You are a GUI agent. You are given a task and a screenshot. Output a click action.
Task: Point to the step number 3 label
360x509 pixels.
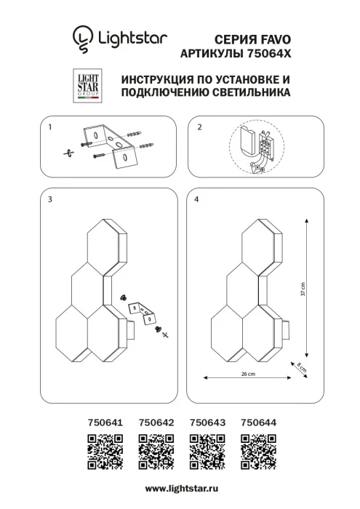pyautogui.click(x=49, y=199)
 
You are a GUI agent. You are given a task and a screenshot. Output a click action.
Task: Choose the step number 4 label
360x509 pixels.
pyautogui.click(x=199, y=199)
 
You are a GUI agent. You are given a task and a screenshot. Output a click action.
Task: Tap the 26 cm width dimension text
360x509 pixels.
pyautogui.click(x=247, y=374)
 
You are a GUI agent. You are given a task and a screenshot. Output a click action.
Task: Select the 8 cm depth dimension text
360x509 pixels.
pyautogui.click(x=302, y=367)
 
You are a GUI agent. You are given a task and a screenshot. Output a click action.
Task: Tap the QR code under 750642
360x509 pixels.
pyautogui.click(x=155, y=450)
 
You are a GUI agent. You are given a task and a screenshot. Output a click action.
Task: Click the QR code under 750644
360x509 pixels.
pyautogui.click(x=257, y=450)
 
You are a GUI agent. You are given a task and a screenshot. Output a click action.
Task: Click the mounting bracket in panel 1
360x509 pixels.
pyautogui.click(x=105, y=145)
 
